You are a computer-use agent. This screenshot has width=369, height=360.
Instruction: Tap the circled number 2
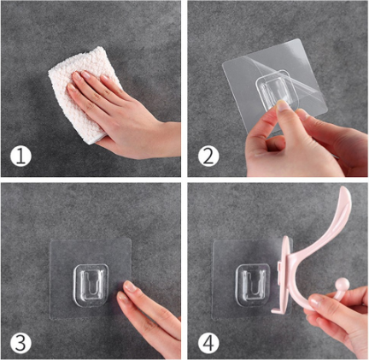coord(208,156)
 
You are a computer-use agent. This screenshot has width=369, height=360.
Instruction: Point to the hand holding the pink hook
coord(337,321)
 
